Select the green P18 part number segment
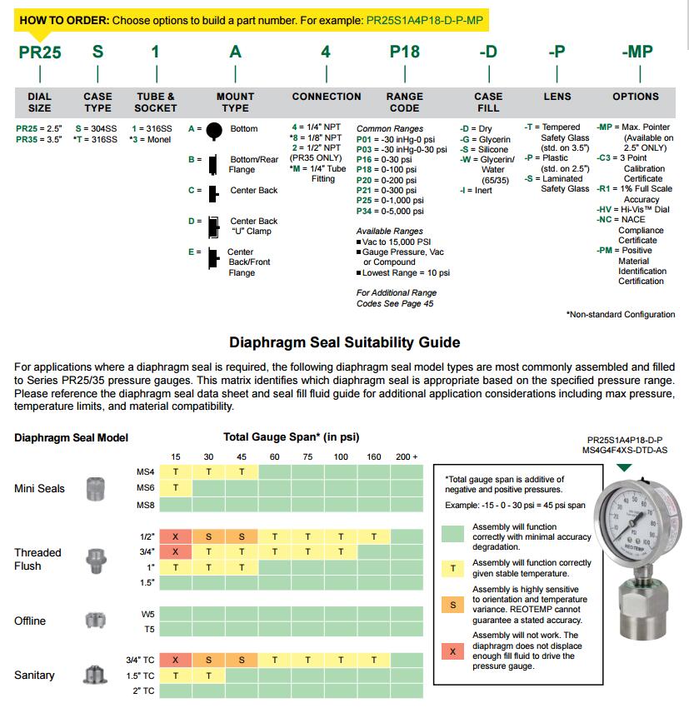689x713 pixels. pos(405,52)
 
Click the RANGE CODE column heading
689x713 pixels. pos(404,102)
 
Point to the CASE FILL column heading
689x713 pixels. pos(488,102)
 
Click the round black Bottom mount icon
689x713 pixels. pos(214,130)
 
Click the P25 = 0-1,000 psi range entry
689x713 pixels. pos(390,201)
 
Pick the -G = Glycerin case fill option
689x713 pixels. pos(484,139)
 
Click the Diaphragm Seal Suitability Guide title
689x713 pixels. pos(344,342)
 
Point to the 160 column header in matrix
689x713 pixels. pos(373,456)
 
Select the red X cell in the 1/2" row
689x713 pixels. pos(176,537)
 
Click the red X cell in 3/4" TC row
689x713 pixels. pos(176,660)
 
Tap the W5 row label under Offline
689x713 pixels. pos(147,614)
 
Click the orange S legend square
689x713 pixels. pos(452,605)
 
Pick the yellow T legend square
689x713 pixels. pos(452,568)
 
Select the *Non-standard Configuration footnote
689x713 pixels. pos(621,315)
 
